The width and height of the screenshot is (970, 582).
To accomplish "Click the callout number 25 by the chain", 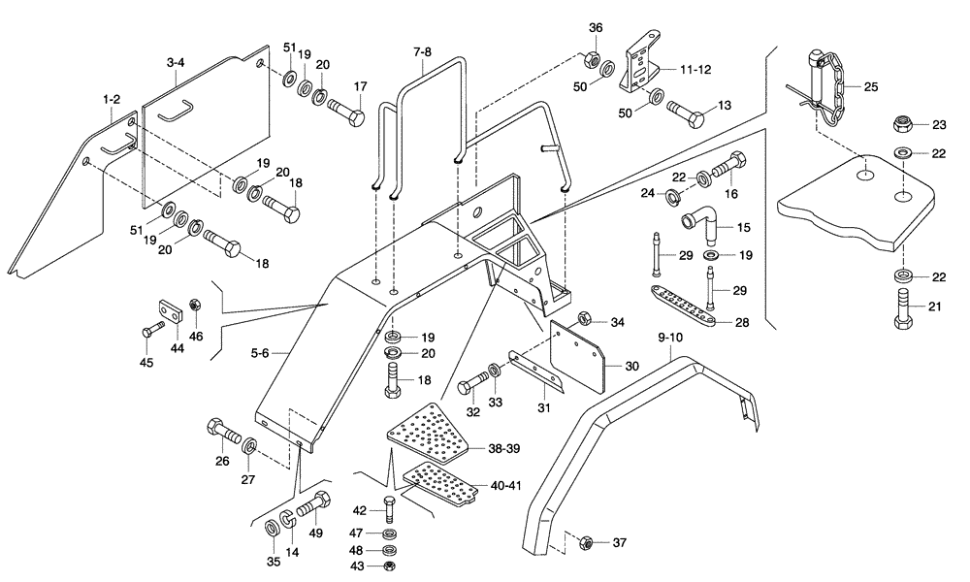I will [x=870, y=87].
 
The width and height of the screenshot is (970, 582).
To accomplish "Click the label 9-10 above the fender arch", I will [x=670, y=338].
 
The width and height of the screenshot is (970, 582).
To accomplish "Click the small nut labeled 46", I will [x=193, y=307].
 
